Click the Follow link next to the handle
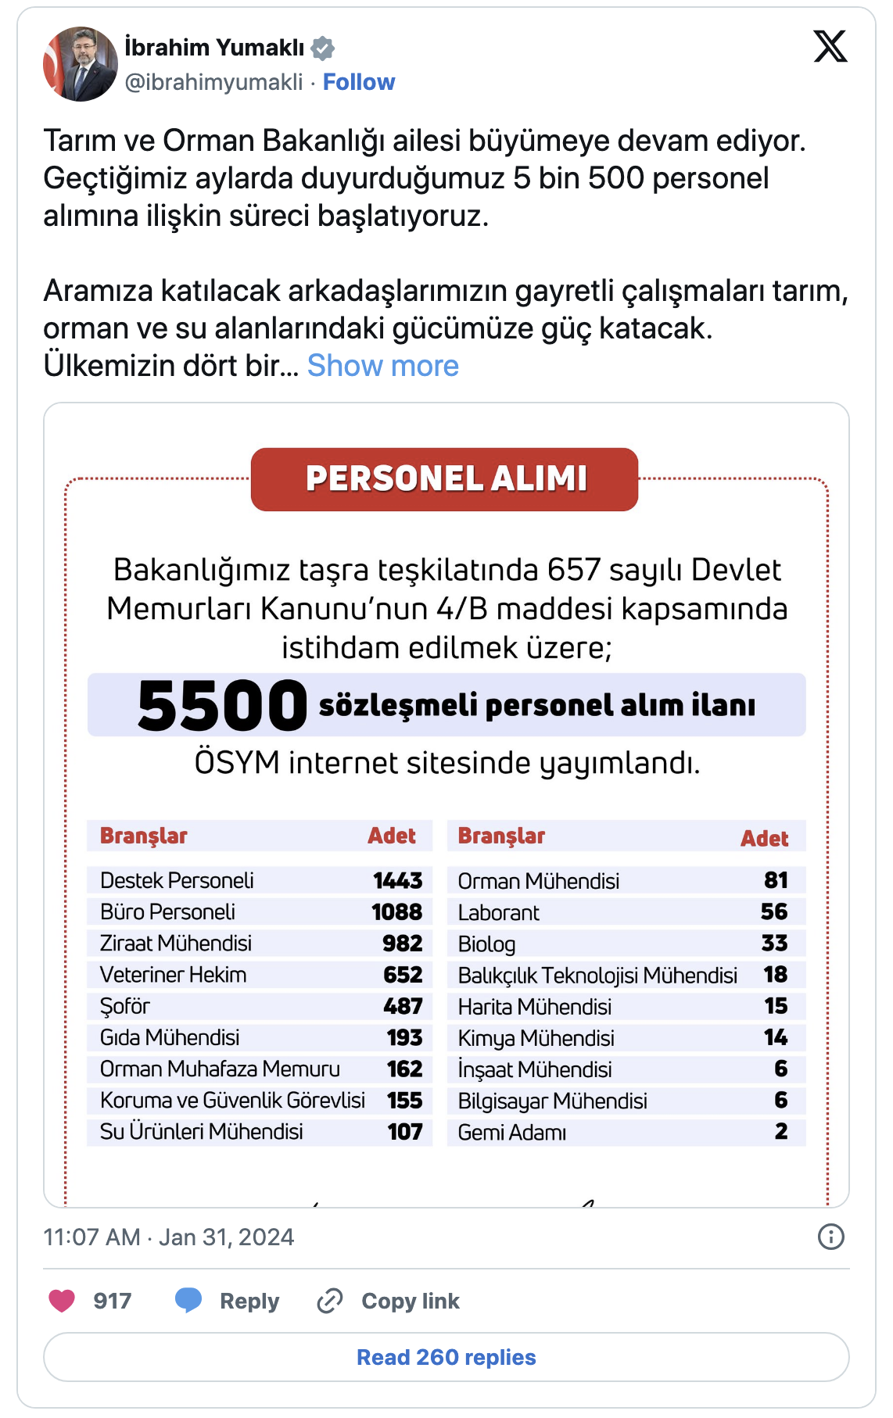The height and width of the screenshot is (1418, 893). (x=359, y=82)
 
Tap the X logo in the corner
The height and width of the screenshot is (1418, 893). (x=830, y=46)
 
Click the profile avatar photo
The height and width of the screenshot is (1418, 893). (x=80, y=64)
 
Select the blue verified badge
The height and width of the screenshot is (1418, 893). (x=323, y=48)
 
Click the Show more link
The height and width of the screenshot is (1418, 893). (x=382, y=366)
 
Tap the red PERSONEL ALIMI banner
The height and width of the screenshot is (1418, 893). (x=444, y=479)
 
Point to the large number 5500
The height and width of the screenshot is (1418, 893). (x=222, y=706)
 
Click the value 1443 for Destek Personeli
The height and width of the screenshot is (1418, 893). (x=397, y=881)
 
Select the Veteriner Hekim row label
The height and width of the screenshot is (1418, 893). (x=173, y=975)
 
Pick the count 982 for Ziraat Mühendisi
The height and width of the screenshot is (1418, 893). (x=402, y=944)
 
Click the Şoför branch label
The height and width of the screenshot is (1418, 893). (x=125, y=1006)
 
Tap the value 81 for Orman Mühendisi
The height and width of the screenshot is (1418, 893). (x=776, y=881)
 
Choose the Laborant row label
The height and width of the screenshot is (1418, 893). (x=498, y=913)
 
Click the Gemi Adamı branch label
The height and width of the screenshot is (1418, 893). (x=512, y=1133)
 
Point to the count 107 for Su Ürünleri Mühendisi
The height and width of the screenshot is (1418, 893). (x=405, y=1132)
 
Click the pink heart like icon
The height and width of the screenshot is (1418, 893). (x=62, y=1301)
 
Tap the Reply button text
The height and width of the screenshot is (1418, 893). (x=249, y=1301)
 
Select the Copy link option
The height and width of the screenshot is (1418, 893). (x=410, y=1301)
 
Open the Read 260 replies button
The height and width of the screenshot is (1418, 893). (x=446, y=1357)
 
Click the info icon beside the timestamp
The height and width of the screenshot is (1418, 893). (x=830, y=1237)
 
